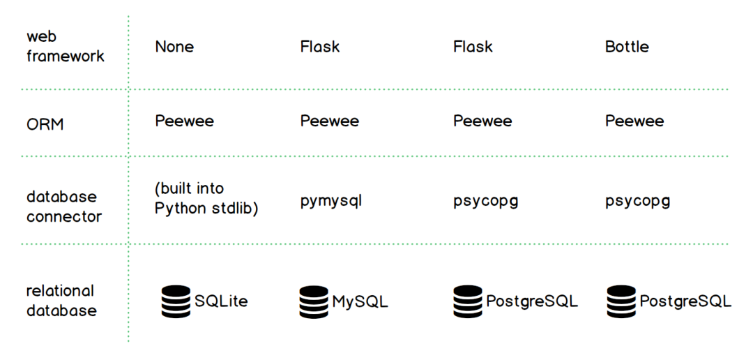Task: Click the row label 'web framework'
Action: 66,46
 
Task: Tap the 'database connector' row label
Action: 64,207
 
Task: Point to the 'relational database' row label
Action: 61,301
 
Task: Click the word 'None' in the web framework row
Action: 174,47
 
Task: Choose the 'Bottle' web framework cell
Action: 627,47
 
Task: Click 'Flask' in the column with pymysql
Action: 320,47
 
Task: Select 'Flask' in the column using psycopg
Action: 473,47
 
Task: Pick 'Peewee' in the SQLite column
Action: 184,121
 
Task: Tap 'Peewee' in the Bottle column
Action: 634,121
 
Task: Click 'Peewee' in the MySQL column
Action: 330,121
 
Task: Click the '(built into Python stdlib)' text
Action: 206,199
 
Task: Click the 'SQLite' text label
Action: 221,301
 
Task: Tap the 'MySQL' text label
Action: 360,301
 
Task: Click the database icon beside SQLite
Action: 176,301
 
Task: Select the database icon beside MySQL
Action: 314,301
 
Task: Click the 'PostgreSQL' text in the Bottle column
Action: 685,301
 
